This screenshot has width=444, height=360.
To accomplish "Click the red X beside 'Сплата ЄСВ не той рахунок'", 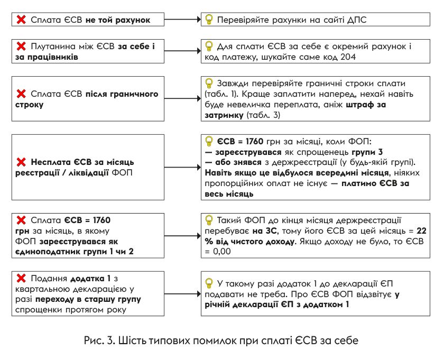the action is click(21, 20).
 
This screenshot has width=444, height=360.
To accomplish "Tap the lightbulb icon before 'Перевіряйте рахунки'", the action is click(209, 20).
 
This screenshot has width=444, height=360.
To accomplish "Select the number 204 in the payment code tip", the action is click(348, 57).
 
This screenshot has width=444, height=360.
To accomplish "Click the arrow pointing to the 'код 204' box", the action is click(183, 51).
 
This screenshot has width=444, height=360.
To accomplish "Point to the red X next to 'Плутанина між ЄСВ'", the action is click(21, 46).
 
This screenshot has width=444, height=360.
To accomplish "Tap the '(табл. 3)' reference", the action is click(263, 115).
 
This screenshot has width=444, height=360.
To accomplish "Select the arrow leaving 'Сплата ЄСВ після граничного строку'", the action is click(183, 98).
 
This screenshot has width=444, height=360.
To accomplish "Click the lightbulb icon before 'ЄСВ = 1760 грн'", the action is click(209, 141).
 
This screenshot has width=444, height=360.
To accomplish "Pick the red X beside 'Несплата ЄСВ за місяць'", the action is click(21, 162).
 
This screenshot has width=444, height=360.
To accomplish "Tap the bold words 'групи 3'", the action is click(367, 152).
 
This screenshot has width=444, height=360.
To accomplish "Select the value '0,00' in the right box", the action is click(221, 252).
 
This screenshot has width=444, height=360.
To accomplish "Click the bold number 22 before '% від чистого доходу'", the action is click(421, 231).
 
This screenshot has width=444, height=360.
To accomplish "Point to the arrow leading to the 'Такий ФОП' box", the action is click(183, 236).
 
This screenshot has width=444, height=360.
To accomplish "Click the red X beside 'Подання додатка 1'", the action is click(21, 279).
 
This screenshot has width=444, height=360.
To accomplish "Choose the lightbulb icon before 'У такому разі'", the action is click(209, 283).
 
